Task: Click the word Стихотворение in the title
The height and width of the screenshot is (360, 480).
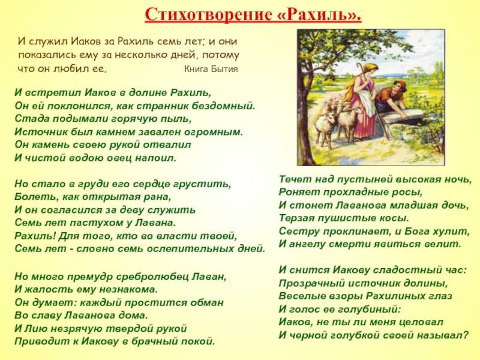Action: pos(208,14)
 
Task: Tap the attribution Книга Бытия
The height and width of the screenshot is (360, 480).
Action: pos(211,69)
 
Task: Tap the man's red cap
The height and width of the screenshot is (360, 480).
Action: pos(400,85)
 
